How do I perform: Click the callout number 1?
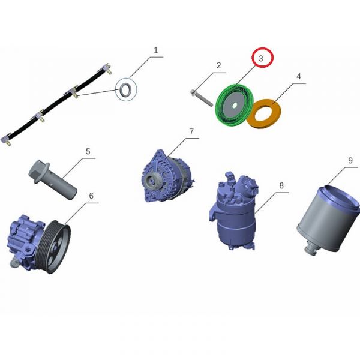pyautogui.click(x=156, y=50)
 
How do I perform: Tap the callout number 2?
pyautogui.click(x=219, y=65)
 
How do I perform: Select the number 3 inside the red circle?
pyautogui.click(x=261, y=58)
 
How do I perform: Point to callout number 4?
pyautogui.click(x=298, y=76)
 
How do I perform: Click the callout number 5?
pyautogui.click(x=88, y=152)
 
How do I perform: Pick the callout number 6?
pyautogui.click(x=91, y=196)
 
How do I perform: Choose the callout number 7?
pyautogui.click(x=191, y=131)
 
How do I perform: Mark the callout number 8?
pyautogui.click(x=281, y=185)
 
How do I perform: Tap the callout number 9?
pyautogui.click(x=350, y=160)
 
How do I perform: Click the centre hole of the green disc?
pyautogui.click(x=235, y=106)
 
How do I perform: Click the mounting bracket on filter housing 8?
pyautogui.click(x=212, y=212)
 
